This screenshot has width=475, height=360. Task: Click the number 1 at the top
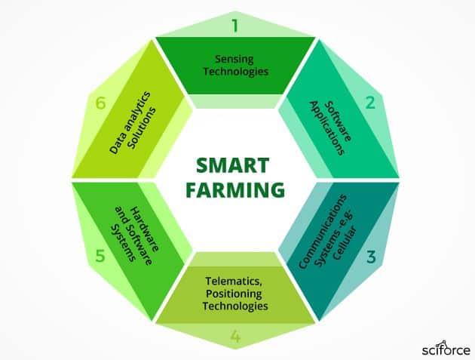pos(235,26)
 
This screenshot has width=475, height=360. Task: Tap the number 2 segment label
pos(370,103)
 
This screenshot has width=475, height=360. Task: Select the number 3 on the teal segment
pos(371,257)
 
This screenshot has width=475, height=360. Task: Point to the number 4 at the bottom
pos(235,337)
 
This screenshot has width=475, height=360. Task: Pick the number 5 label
pos(100,256)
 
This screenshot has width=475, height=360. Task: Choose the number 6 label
pos(100,103)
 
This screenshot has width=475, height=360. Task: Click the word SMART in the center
pos(232,165)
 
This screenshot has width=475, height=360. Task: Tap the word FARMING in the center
pos(235,189)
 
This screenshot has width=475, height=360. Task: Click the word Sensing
pos(234,60)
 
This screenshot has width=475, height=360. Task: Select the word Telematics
pos(234,282)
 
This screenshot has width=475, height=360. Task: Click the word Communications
pos(323,232)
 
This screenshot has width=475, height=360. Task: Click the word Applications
pos(327,128)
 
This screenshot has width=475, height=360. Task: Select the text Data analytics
pos(130,122)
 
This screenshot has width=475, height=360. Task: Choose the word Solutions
pos(142,128)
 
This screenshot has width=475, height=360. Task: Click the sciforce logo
pos(446,349)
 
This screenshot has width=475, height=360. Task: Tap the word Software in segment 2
pos(339,122)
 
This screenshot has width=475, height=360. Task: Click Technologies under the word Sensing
pos(236,72)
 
